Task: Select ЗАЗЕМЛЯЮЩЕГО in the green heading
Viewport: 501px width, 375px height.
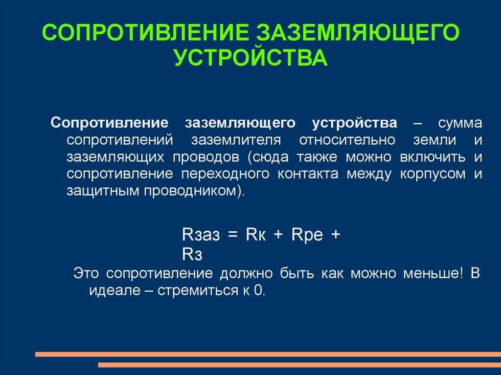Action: pyautogui.click(x=358, y=33)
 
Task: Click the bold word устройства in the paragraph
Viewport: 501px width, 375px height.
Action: pyautogui.click(x=354, y=123)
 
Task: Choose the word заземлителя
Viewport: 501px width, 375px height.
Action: pyautogui.click(x=236, y=140)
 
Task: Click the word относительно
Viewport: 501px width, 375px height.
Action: pyautogui.click(x=347, y=140)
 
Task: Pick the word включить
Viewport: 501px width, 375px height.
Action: pyautogui.click(x=433, y=157)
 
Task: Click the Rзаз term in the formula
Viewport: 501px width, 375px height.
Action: pyautogui.click(x=201, y=235)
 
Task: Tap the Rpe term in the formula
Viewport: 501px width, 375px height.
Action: pyautogui.click(x=307, y=235)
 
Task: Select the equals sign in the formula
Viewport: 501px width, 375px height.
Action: pyautogui.click(x=232, y=235)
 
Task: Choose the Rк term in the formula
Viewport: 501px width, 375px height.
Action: pyautogui.click(x=255, y=235)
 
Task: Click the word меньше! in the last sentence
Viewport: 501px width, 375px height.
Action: pyautogui.click(x=433, y=273)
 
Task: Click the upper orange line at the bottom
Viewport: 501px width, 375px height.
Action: pyautogui.click(x=268, y=354)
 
